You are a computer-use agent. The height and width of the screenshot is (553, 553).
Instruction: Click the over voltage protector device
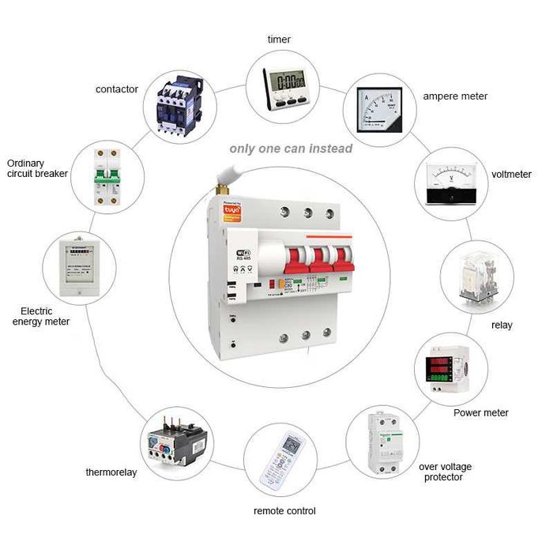pyautogui.click(x=386, y=442)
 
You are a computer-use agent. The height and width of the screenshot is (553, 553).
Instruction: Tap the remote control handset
pyautogui.click(x=282, y=463)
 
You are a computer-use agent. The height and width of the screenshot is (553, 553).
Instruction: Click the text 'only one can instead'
pyautogui.click(x=291, y=148)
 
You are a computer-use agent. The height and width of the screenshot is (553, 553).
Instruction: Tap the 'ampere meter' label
pyautogui.click(x=455, y=96)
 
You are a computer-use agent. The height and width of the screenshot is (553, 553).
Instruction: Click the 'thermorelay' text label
pyautogui.click(x=111, y=472)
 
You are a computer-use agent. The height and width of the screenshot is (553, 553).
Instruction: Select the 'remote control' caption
pyautogui.click(x=284, y=511)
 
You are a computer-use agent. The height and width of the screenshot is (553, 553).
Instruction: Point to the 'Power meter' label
pyautogui.click(x=480, y=412)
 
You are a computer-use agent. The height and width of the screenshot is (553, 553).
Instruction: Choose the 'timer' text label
pyautogui.click(x=279, y=39)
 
